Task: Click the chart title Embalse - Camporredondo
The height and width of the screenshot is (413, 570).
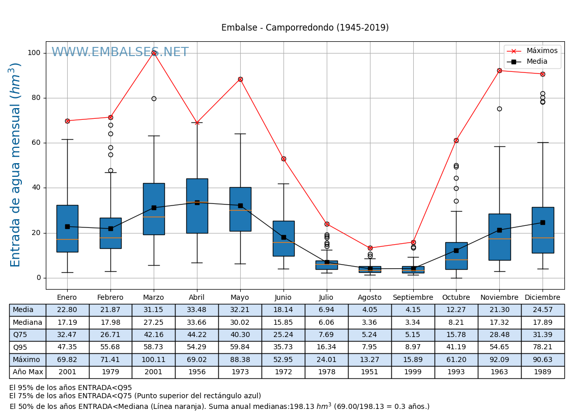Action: click(x=305, y=28)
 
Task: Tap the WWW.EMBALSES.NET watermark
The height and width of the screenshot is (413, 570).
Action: click(x=120, y=53)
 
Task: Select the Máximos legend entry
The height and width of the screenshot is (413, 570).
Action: click(x=541, y=51)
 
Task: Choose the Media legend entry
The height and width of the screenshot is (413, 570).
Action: click(x=537, y=62)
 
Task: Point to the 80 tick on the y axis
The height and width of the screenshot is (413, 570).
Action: click(x=35, y=98)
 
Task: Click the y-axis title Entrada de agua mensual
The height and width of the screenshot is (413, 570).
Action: click(x=15, y=165)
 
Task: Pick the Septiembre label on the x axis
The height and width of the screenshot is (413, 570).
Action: click(x=413, y=298)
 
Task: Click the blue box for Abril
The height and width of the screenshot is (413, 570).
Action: click(x=197, y=205)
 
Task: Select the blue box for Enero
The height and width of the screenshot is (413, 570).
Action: click(x=67, y=228)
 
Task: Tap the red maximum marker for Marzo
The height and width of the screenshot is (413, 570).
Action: click(x=154, y=53)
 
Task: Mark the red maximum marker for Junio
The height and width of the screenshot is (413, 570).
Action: click(x=283, y=159)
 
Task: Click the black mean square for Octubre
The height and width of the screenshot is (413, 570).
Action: click(x=456, y=250)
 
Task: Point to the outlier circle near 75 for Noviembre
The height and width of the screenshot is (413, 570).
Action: click(x=499, y=109)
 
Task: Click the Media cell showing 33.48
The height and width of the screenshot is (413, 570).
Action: click(x=196, y=310)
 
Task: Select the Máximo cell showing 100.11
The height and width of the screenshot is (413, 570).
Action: click(x=153, y=359)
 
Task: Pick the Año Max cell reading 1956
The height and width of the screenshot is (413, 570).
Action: click(x=196, y=372)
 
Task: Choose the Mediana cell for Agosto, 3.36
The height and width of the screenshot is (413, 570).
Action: click(x=369, y=322)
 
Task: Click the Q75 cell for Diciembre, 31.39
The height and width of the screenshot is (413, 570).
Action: click(x=543, y=335)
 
